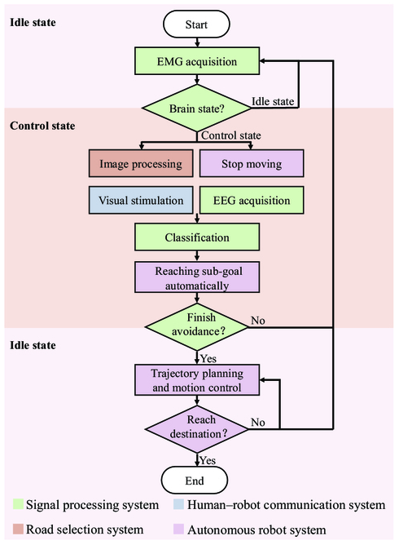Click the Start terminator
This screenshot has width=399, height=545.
pyautogui.click(x=196, y=24)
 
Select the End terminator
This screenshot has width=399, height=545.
pyautogui.click(x=195, y=481)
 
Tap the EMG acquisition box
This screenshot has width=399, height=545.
pyautogui.click(x=197, y=61)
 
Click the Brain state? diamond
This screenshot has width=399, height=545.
pyautogui.click(x=197, y=108)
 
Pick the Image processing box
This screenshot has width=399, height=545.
pyautogui.click(x=141, y=163)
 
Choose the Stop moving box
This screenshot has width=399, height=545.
pyautogui.click(x=252, y=163)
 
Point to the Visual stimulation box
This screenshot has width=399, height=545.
pyautogui.click(x=141, y=200)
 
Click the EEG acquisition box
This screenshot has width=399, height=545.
pyautogui.click(x=252, y=200)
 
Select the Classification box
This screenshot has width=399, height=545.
pyautogui.click(x=197, y=237)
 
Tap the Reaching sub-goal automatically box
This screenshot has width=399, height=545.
pyautogui.click(x=197, y=277)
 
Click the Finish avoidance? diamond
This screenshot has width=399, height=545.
pyautogui.click(x=197, y=326)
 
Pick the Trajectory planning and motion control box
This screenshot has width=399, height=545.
pyautogui.click(x=197, y=380)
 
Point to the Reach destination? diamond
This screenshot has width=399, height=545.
pyautogui.click(x=197, y=429)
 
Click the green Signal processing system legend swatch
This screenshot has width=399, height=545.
pyautogui.click(x=18, y=504)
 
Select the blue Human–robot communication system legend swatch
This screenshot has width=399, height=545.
pyautogui.click(x=178, y=504)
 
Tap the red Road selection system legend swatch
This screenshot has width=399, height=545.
pyautogui.click(x=18, y=529)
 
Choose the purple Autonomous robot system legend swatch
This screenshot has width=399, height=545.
pyautogui.click(x=178, y=529)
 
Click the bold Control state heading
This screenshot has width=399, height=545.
pyautogui.click(x=42, y=126)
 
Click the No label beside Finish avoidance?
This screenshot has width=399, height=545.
pyautogui.click(x=258, y=321)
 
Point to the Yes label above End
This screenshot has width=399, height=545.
pyautogui.click(x=208, y=460)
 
